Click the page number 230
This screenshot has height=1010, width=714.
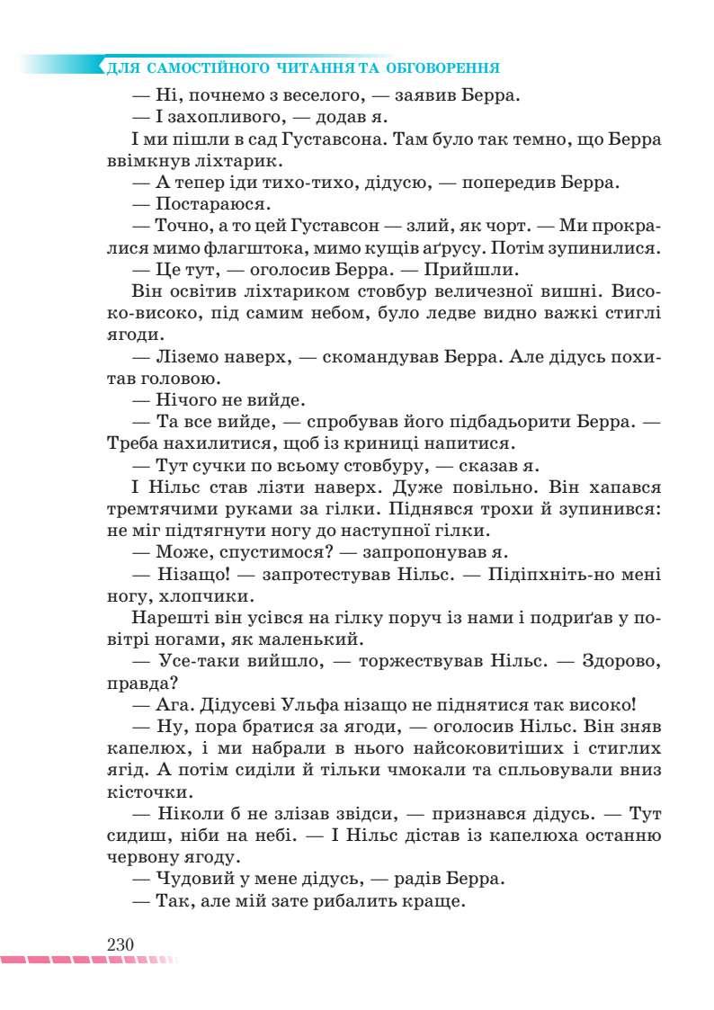(120, 944)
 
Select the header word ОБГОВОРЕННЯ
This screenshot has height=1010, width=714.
(443, 68)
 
